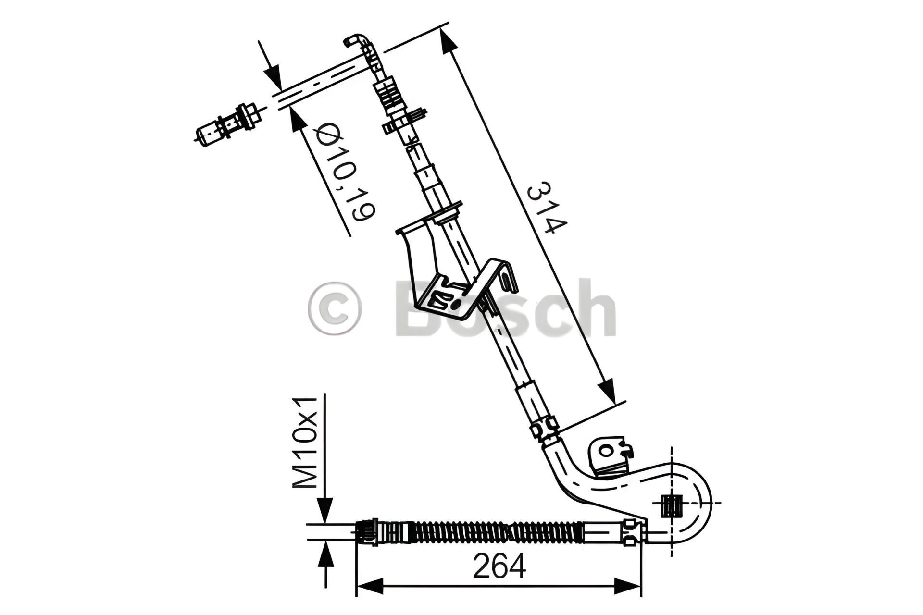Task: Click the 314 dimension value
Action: (547, 208)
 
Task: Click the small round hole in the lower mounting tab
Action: (606, 450)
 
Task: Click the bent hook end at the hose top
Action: (356, 40)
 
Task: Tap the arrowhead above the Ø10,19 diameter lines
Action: (272, 77)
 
